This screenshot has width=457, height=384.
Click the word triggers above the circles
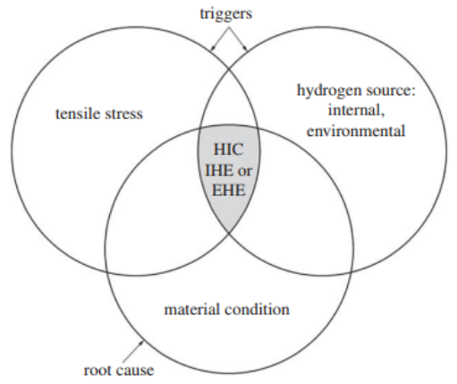click(x=226, y=13)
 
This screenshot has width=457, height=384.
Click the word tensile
click(x=77, y=114)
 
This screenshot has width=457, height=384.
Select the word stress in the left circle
click(x=123, y=115)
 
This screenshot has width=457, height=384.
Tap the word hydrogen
click(x=329, y=90)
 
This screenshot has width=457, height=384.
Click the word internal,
click(x=356, y=110)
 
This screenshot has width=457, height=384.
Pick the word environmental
click(x=356, y=131)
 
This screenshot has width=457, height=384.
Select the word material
click(x=192, y=309)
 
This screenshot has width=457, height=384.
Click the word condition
click(x=258, y=309)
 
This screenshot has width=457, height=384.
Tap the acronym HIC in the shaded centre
click(x=229, y=149)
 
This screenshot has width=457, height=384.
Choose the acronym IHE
click(x=218, y=170)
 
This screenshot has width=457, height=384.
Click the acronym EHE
click(x=229, y=190)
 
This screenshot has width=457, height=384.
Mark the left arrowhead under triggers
click(x=213, y=47)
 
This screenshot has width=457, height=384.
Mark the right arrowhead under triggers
click(x=245, y=47)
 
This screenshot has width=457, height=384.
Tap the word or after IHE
click(x=245, y=171)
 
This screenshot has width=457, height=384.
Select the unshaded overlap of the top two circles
click(x=229, y=100)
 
